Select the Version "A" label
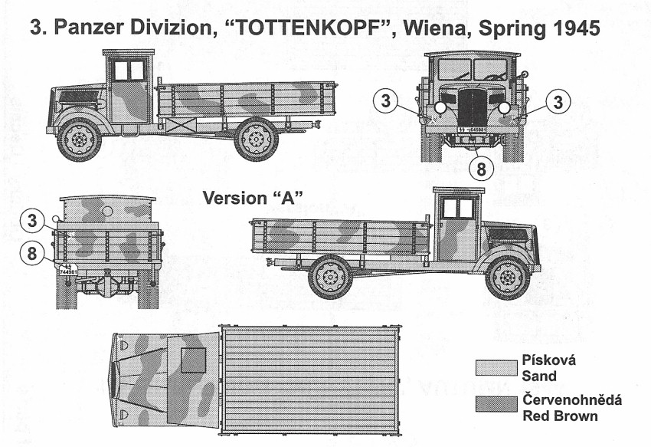253,198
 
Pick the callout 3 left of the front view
389,101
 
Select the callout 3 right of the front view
559,101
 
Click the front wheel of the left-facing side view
79,140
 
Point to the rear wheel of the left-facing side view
256,139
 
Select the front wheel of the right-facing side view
508,277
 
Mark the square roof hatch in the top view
193,360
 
